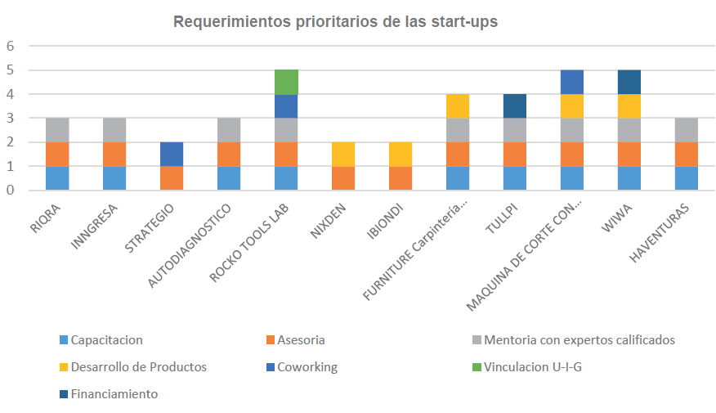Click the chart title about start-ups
pos(335,22)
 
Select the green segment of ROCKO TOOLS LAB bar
pos(286,82)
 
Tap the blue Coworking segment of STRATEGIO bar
pos(172,154)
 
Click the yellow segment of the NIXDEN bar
pos(343,154)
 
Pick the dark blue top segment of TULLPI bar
pos(515,106)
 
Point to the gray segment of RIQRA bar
pos(57,130)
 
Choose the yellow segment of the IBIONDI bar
pos(401,154)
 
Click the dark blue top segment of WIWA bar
pos(629,82)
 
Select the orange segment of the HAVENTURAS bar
pos(687,154)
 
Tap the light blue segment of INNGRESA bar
pos(114,177)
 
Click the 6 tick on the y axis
pos(11,47)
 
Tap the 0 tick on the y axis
pos(11,191)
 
